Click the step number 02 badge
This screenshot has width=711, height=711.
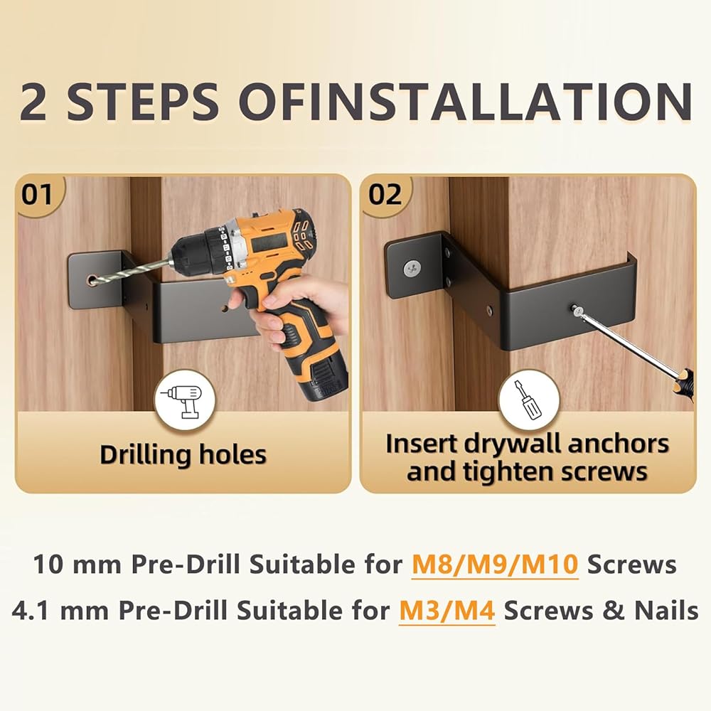tap(385, 195)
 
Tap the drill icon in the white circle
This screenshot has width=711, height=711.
tap(185, 401)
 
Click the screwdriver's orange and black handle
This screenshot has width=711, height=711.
tap(684, 385)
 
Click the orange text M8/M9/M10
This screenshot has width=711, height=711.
tap(495, 565)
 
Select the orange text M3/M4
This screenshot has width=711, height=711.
tap(447, 610)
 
